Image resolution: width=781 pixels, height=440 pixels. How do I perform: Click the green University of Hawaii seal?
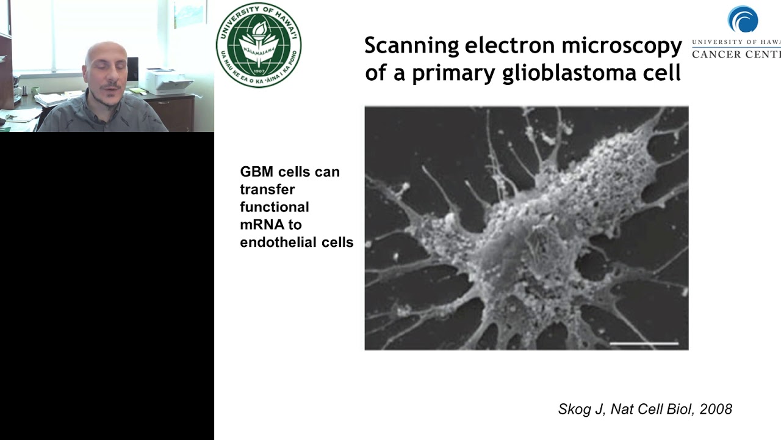[x=259, y=45]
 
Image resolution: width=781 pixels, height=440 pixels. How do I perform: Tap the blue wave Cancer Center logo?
[x=743, y=20]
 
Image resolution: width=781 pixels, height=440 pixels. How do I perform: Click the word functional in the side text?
[x=275, y=207]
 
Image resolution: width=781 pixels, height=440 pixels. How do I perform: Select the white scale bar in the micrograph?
[x=644, y=343]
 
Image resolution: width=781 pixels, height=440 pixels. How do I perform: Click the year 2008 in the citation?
[x=716, y=409]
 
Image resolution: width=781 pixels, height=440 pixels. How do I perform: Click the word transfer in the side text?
[x=267, y=189]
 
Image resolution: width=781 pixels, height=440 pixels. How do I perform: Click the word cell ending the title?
[x=663, y=73]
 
